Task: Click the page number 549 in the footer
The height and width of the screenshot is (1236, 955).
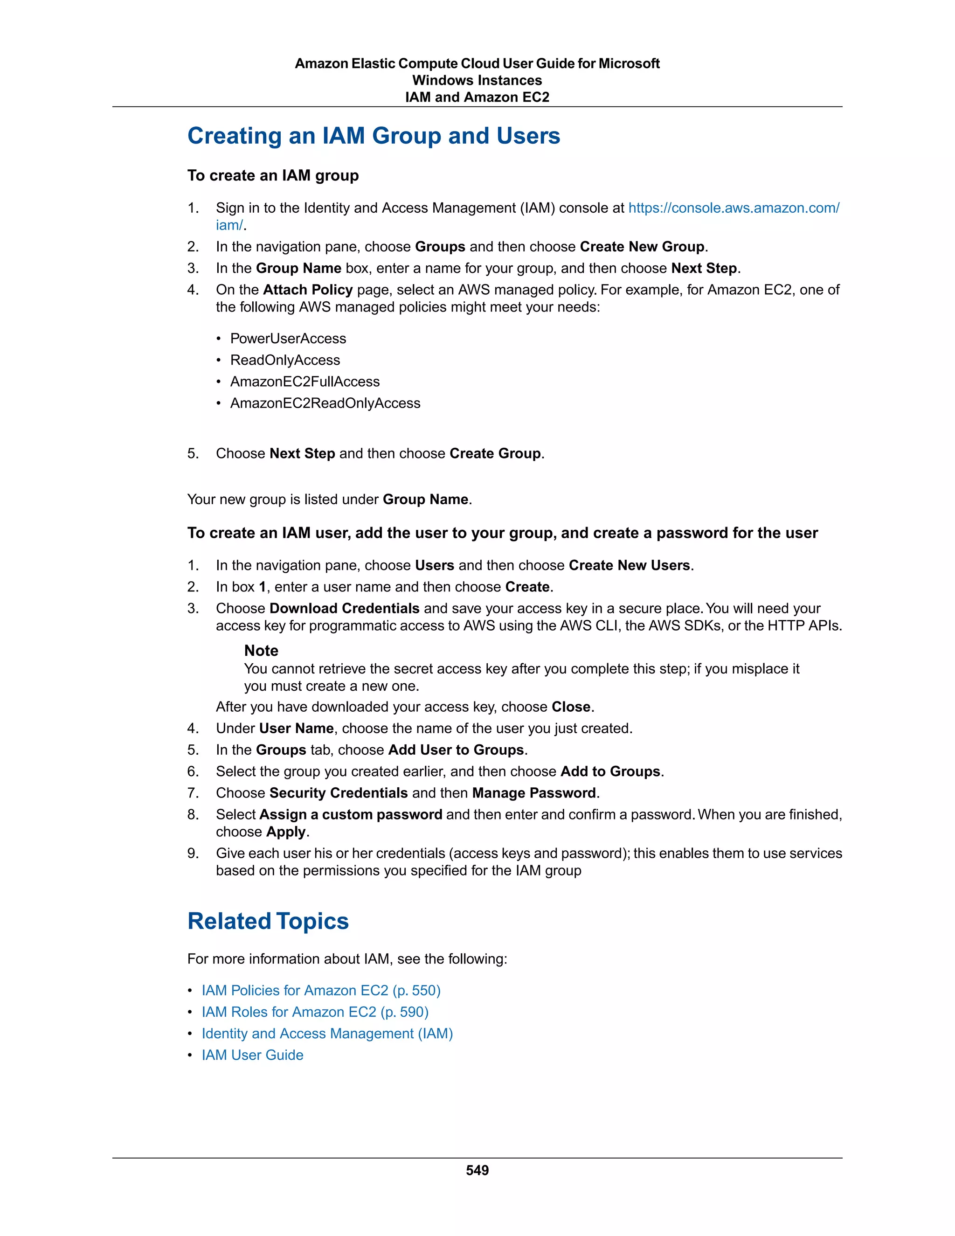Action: [477, 1170]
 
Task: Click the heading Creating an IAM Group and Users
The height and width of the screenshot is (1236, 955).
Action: [374, 136]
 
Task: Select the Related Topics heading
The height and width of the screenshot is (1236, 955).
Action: [268, 921]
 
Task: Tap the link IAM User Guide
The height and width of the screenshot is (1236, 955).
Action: [252, 1055]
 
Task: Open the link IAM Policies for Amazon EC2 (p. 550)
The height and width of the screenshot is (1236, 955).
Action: [321, 990]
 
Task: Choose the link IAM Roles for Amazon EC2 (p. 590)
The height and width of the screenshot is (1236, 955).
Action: [315, 1012]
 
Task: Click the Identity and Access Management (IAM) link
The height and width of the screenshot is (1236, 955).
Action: [327, 1034]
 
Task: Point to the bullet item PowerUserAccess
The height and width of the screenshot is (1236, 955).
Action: [288, 339]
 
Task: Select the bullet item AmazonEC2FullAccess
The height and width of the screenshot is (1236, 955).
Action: [305, 382]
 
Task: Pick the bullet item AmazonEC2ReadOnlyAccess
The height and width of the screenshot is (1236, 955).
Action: [325, 403]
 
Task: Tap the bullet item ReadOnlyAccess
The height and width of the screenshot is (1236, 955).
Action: [285, 360]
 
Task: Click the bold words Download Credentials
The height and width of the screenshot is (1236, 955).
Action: [344, 608]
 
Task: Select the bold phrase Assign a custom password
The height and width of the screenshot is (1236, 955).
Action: [351, 814]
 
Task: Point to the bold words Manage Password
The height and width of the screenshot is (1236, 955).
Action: [534, 793]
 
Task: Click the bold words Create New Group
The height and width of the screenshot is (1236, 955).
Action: [642, 247]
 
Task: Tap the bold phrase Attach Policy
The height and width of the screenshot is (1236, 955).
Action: [308, 290]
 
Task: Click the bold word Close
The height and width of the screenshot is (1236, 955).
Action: [571, 707]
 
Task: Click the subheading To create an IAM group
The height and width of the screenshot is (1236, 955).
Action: [273, 175]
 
